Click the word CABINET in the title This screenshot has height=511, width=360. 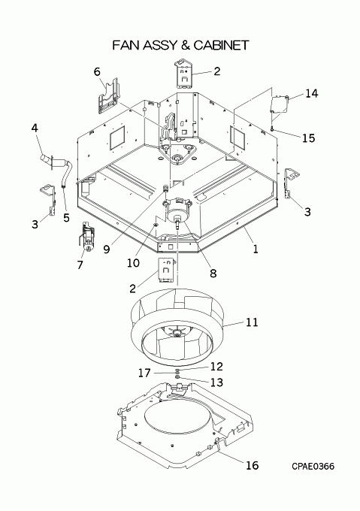pos(221,45)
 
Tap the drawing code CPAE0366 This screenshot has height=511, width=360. pos(313,467)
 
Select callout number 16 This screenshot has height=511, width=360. pos(252,465)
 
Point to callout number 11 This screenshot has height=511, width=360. pos(252,322)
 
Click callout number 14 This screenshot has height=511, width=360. pos(311,93)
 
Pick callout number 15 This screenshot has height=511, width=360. pos(309,138)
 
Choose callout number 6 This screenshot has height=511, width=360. pos(97,71)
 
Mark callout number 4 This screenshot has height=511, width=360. pos(35,128)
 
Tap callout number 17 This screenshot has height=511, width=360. pos(144,373)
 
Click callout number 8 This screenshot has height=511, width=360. pos(213,273)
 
